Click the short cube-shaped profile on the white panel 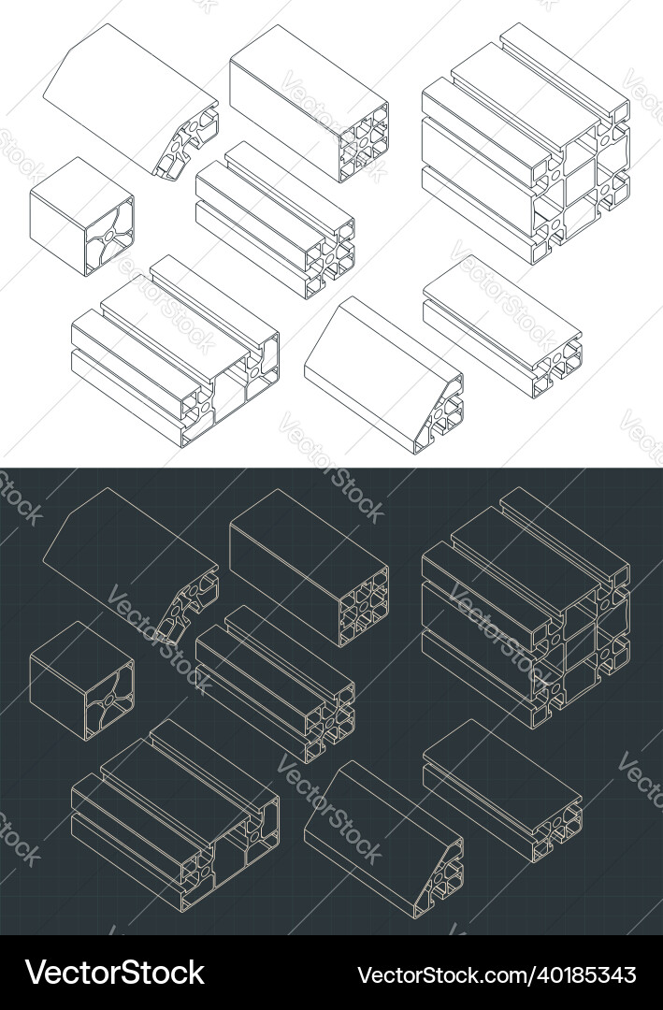(81, 217)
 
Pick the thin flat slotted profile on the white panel (502, 324)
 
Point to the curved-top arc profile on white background (131, 98)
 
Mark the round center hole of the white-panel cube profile (110, 238)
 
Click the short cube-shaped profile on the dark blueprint (81, 681)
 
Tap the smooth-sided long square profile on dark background (309, 565)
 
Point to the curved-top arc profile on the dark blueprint (131, 562)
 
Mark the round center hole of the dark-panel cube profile (110, 701)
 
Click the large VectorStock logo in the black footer (115, 972)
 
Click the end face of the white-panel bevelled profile (445, 408)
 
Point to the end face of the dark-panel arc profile (192, 603)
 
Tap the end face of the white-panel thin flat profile (560, 359)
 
